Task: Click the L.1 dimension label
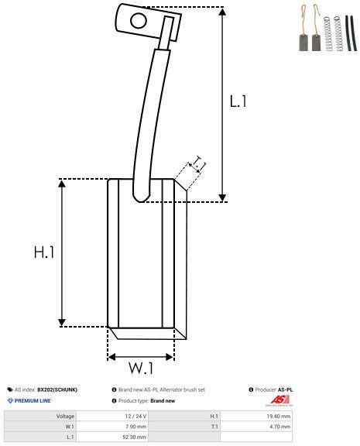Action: (x=238, y=101)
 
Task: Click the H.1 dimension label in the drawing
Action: (x=44, y=252)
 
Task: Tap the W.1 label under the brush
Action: (x=140, y=367)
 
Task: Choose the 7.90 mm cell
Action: (x=136, y=427)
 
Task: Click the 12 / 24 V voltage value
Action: (x=135, y=416)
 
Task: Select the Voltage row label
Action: (x=65, y=416)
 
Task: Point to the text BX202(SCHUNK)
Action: (x=58, y=389)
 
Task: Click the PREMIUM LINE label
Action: (x=33, y=401)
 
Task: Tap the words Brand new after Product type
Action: (x=163, y=401)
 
